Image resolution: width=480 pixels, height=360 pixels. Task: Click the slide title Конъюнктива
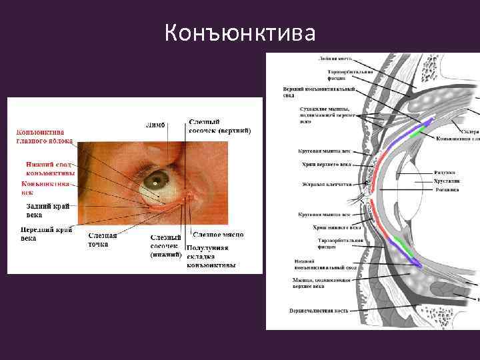pyautogui.click(x=240, y=32)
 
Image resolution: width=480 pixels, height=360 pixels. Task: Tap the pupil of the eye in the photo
pyautogui.click(x=156, y=181)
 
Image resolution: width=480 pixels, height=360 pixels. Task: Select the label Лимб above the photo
pyautogui.click(x=155, y=125)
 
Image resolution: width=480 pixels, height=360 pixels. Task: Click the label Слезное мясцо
pyautogui.click(x=218, y=235)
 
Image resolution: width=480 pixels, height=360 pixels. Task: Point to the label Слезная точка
pyautogui.click(x=103, y=240)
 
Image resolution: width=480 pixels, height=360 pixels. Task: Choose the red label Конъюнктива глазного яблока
pyautogui.click(x=45, y=136)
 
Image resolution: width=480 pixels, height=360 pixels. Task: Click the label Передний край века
pyautogui.click(x=46, y=233)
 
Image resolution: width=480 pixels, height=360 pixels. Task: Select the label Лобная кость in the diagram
pyautogui.click(x=330, y=58)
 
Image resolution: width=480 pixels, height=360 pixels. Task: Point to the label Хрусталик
pyautogui.click(x=447, y=180)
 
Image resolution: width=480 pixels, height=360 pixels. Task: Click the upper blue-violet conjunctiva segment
pyautogui.click(x=429, y=123)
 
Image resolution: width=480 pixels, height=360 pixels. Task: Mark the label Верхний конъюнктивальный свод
pyautogui.click(x=319, y=91)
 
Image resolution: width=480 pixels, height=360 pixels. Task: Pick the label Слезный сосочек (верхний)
pyautogui.click(x=219, y=126)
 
